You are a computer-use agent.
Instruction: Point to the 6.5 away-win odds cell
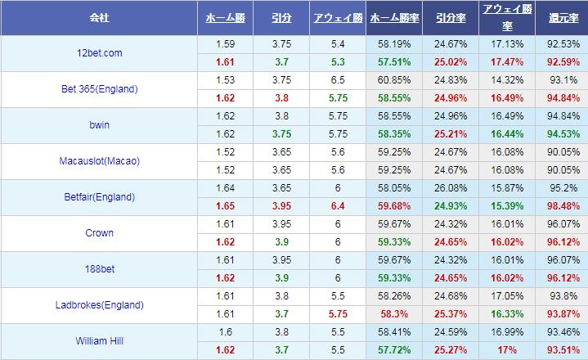336,80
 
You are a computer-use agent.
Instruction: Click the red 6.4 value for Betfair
336,206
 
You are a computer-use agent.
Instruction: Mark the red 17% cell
507,350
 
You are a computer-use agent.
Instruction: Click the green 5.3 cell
336,62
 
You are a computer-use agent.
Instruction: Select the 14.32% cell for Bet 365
507,80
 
